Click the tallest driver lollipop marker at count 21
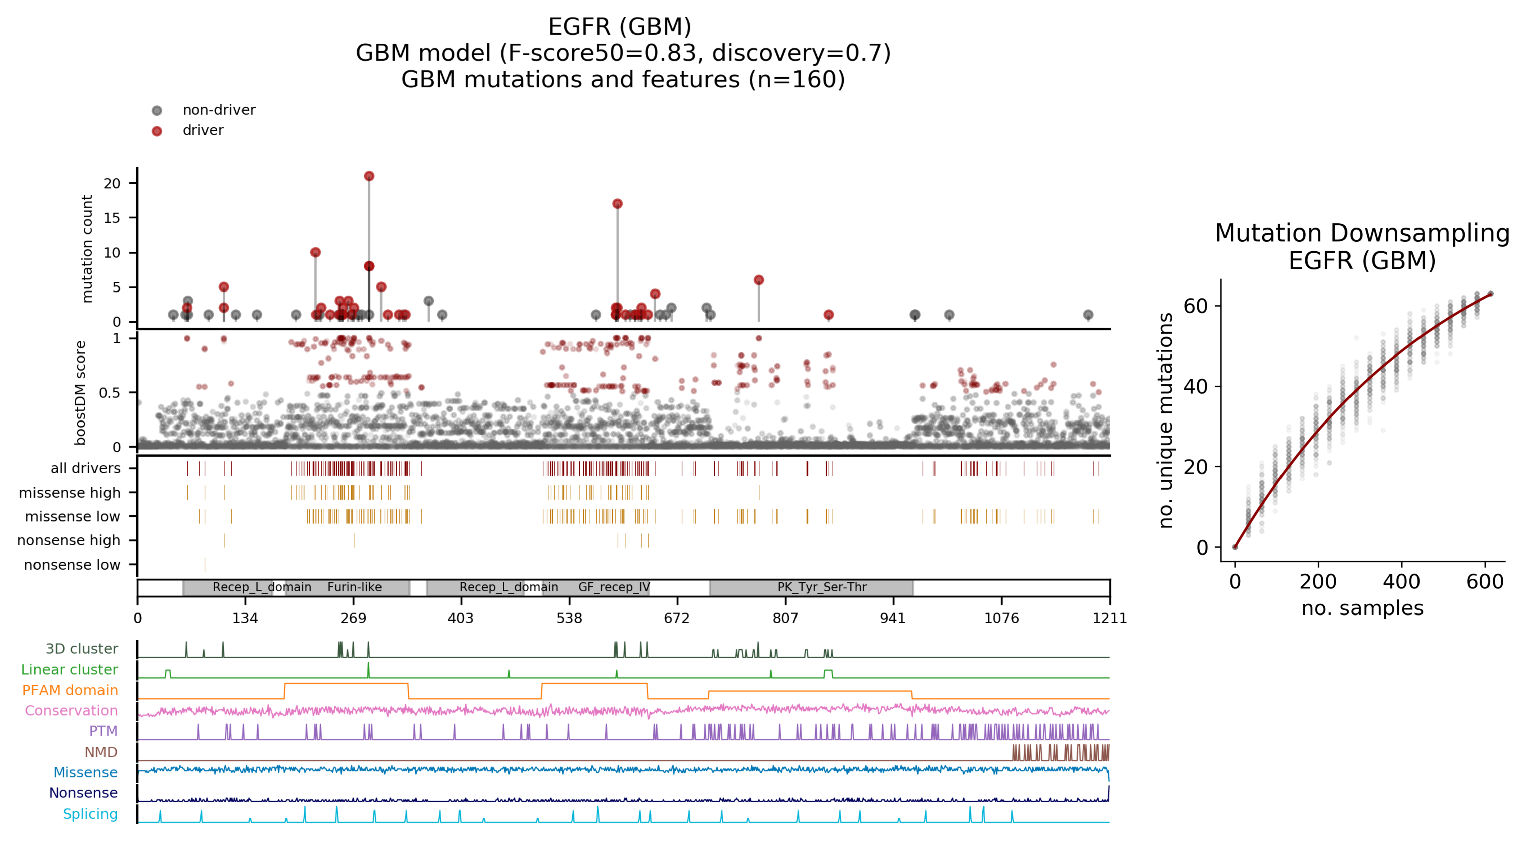[x=369, y=176]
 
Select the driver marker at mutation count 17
[x=617, y=204]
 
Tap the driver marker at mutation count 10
[x=315, y=253]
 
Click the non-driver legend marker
[x=157, y=111]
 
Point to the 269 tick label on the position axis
[x=354, y=619]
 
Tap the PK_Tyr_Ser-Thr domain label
[x=822, y=587]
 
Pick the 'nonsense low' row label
[x=72, y=565]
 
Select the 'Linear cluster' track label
[x=69, y=670]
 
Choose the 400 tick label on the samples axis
[x=1401, y=582]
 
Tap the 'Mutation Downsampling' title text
[x=1362, y=234]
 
